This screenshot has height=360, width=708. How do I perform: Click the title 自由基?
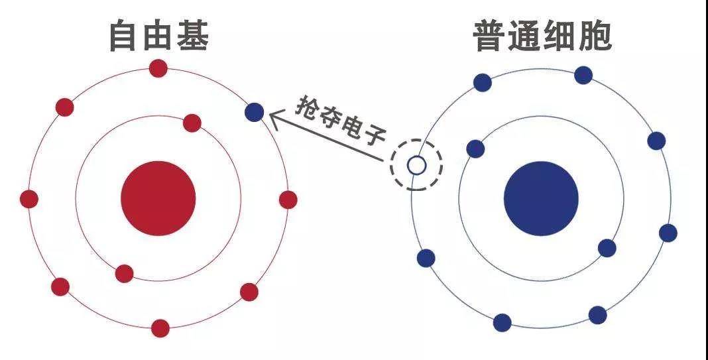pyautogui.click(x=158, y=35)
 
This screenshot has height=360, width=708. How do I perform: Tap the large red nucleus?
pyautogui.click(x=158, y=198)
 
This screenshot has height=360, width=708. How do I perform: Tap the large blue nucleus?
pyautogui.click(x=541, y=198)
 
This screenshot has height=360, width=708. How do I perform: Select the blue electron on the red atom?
pyautogui.click(x=254, y=112)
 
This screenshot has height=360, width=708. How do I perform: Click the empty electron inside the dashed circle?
pyautogui.click(x=416, y=165)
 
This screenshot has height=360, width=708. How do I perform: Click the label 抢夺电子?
pyautogui.click(x=341, y=120)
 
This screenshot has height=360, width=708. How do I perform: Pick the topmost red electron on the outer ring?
pyautogui.click(x=158, y=68)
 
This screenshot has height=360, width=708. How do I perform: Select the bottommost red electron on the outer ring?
pyautogui.click(x=160, y=328)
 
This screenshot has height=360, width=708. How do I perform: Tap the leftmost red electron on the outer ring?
pyautogui.click(x=29, y=199)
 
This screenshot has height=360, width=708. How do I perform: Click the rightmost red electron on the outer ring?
pyautogui.click(x=288, y=200)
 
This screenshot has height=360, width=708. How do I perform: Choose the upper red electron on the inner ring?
pyautogui.click(x=192, y=123)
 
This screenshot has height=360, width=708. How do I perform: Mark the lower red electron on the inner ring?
pyautogui.click(x=124, y=274)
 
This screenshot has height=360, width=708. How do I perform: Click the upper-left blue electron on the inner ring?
pyautogui.click(x=475, y=149)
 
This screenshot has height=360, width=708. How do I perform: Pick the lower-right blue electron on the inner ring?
pyautogui.click(x=607, y=248)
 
